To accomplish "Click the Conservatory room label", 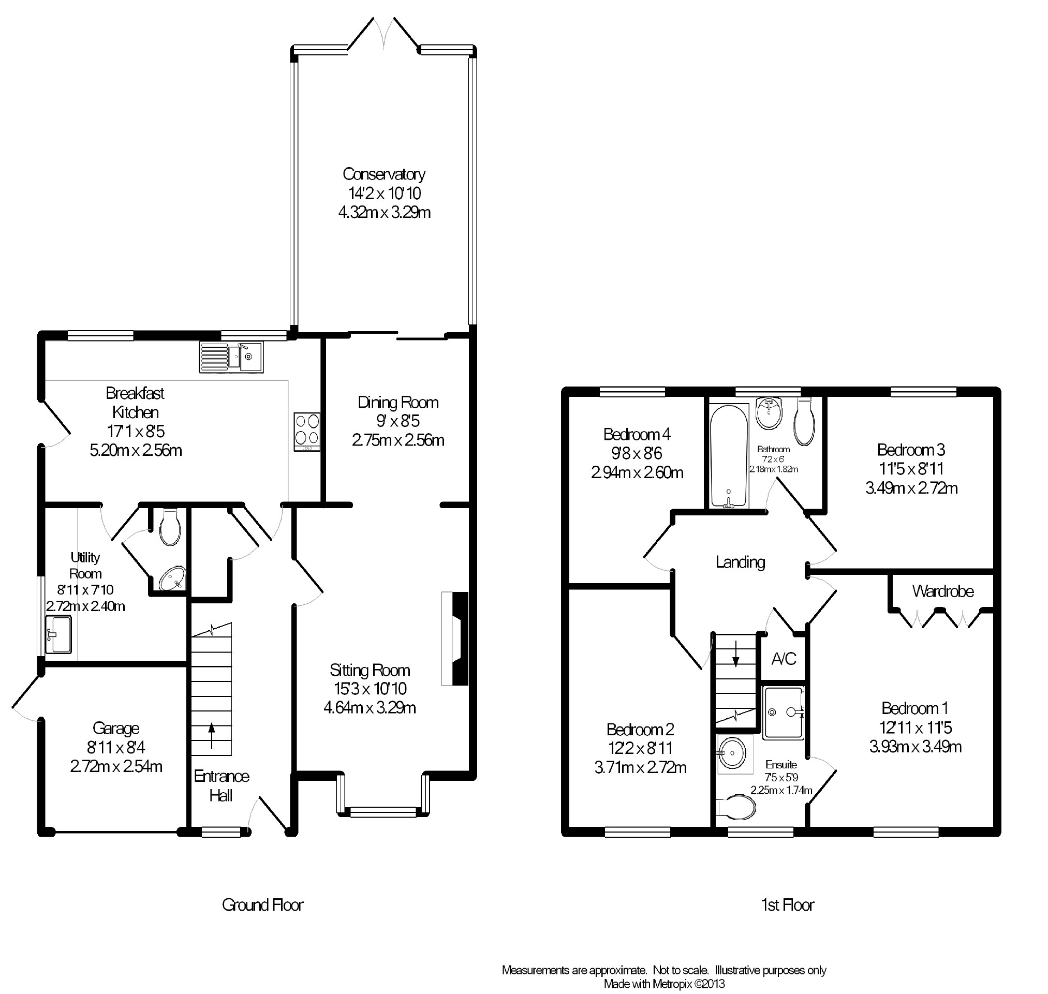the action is pyautogui.click(x=384, y=174).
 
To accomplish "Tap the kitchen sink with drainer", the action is pyautogui.click(x=231, y=357).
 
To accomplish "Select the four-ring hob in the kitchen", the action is pyautogui.click(x=307, y=432).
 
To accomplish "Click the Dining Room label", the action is pyautogui.click(x=398, y=403).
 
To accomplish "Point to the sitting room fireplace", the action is pyautogui.click(x=455, y=639).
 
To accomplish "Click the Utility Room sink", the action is pyautogui.click(x=58, y=634).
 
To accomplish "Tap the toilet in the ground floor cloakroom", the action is pyautogui.click(x=170, y=527).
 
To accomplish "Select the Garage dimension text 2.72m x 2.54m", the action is pyautogui.click(x=116, y=767).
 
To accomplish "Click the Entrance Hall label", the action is pyautogui.click(x=222, y=786).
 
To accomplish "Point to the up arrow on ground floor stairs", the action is pyautogui.click(x=212, y=735).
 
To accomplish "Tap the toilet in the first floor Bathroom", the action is pyautogui.click(x=804, y=422).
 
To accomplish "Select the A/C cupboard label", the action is pyautogui.click(x=784, y=659).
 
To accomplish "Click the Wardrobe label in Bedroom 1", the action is pyautogui.click(x=942, y=591).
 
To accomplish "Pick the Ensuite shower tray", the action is pyautogui.click(x=784, y=713).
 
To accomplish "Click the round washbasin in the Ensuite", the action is pyautogui.click(x=734, y=753).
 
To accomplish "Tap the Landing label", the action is pyautogui.click(x=740, y=562).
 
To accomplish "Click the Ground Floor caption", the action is pyautogui.click(x=263, y=905).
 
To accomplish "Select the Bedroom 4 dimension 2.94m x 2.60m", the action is pyautogui.click(x=638, y=472).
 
